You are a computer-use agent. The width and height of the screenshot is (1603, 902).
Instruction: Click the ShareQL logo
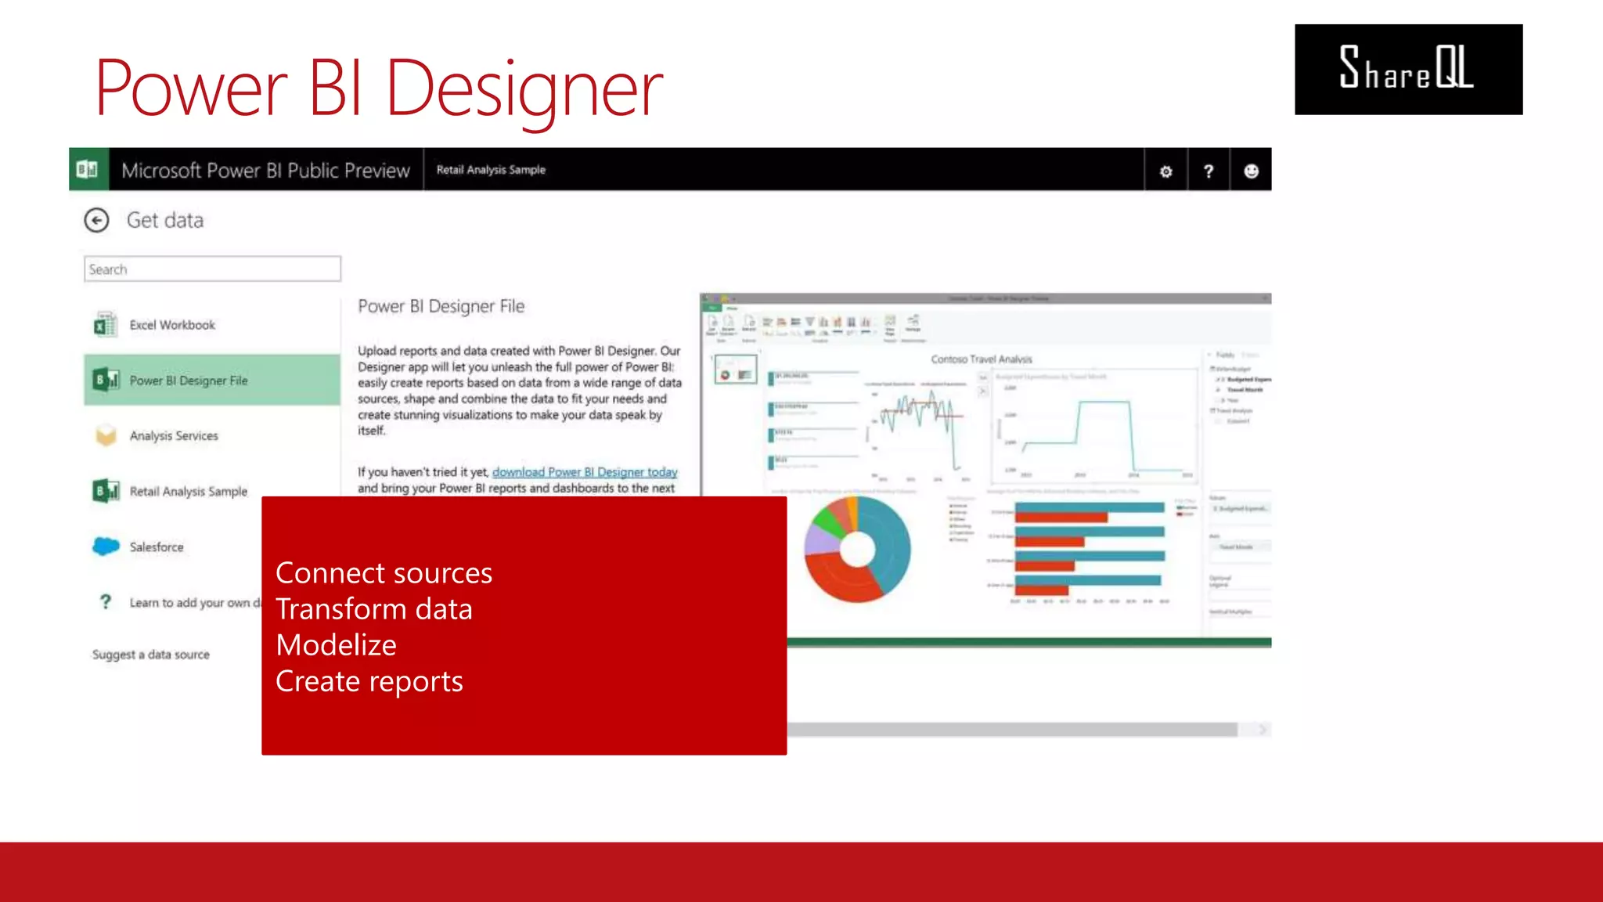1407,69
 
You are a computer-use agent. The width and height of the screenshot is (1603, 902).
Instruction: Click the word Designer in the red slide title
524,90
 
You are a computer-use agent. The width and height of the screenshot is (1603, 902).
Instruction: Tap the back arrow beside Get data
97,221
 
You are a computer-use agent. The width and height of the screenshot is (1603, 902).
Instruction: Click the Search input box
212,269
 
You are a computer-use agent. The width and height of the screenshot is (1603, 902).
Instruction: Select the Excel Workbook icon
105,324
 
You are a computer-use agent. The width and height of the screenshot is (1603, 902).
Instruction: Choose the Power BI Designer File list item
211,381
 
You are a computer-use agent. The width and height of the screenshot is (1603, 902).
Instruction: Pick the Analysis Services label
174,436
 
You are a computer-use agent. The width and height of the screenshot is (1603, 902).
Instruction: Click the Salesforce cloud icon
106,546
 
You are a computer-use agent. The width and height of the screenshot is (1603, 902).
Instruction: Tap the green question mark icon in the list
106,601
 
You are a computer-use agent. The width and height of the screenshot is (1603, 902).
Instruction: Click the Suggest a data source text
151,655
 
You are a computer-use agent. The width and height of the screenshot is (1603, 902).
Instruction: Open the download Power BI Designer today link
585,472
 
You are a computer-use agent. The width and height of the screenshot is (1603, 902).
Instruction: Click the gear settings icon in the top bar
1165,171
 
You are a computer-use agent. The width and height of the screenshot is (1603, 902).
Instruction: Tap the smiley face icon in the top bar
1251,171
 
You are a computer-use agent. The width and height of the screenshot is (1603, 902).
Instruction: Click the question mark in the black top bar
1209,171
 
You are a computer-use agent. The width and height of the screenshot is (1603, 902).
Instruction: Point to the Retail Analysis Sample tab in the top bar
491,170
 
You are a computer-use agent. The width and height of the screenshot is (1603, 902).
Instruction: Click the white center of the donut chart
857,549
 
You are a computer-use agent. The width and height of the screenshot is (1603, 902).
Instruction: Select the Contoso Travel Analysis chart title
982,359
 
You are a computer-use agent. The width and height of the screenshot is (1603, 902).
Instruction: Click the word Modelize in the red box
337,645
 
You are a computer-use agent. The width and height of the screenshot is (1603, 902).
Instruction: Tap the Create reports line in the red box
369,681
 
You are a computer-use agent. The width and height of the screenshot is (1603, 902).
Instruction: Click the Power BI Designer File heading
441,306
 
